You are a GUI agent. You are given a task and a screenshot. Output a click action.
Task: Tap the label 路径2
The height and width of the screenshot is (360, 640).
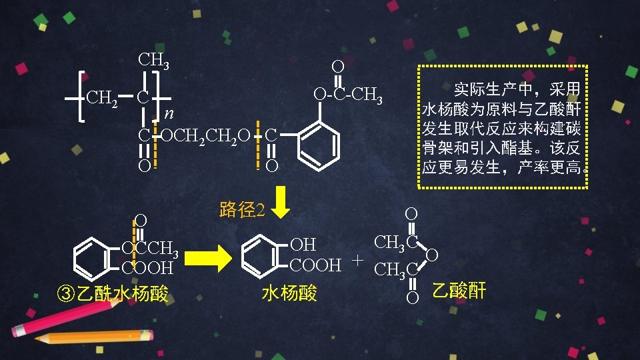tap(243, 210)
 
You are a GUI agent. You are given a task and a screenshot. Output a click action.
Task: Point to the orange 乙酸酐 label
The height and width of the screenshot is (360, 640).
tap(459, 291)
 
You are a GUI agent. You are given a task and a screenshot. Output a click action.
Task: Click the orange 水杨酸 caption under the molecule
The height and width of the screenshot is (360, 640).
tap(289, 293)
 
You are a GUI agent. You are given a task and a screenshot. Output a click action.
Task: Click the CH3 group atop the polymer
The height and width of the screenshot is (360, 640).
tap(153, 60)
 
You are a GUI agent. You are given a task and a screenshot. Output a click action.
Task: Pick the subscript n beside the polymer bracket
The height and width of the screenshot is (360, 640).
tap(169, 113)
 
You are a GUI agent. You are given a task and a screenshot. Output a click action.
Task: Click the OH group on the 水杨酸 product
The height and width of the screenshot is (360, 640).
tap(303, 245)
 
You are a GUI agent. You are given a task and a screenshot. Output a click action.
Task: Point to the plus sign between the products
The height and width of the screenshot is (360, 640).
tap(359, 259)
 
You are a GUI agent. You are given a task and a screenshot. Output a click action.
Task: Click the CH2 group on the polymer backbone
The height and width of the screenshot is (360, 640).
tap(102, 99)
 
